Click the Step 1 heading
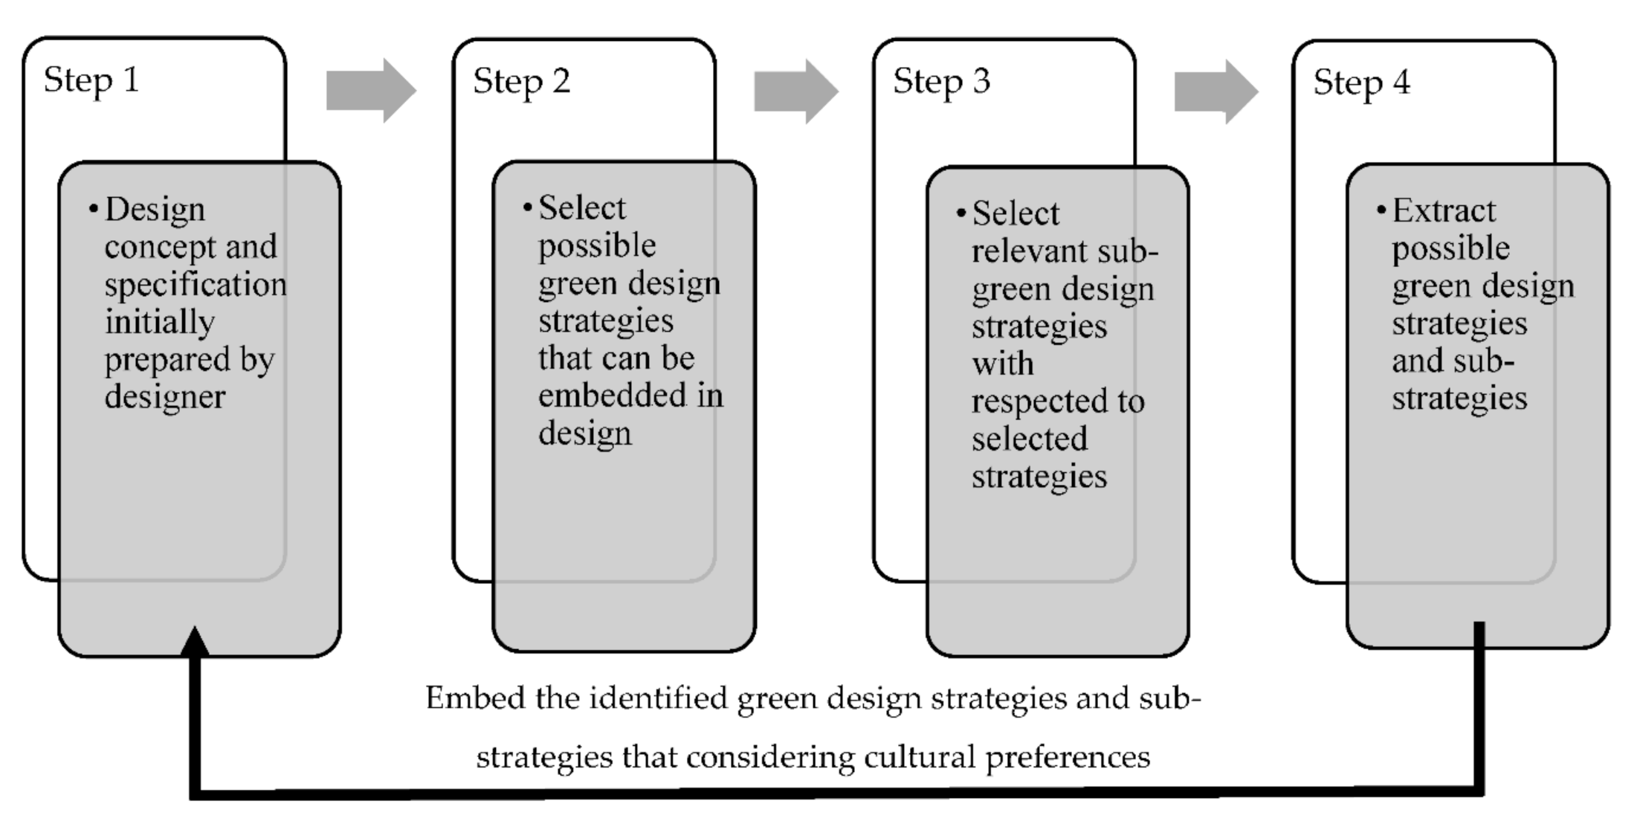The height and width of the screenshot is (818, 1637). (91, 80)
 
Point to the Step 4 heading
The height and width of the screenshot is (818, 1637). (1361, 83)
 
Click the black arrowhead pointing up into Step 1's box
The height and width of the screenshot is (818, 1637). (195, 642)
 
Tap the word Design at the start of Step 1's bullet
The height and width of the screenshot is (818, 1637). (155, 210)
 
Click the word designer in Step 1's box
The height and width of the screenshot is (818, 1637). (164, 396)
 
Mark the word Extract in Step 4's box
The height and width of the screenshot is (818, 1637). (1444, 211)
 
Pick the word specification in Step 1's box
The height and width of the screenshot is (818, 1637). (196, 285)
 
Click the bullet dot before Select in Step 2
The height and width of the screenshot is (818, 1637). (527, 207)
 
